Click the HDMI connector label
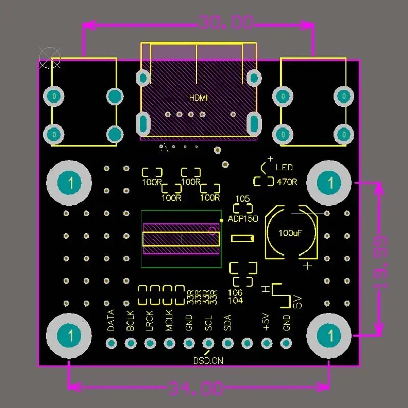coord(198,98)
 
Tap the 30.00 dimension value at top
coord(226,23)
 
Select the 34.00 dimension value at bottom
coord(196,390)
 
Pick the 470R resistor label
coord(287,181)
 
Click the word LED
coord(284,168)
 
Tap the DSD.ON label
coord(208,360)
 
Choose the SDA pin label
coord(227,323)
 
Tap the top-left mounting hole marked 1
coord(70,182)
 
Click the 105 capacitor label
coord(243,198)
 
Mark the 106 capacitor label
coord(236,293)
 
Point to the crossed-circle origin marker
coord(50,58)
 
